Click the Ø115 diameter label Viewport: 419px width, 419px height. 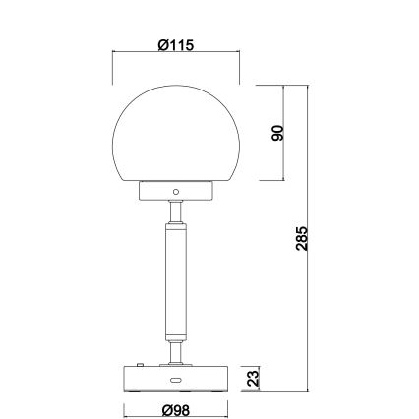[x=177, y=44]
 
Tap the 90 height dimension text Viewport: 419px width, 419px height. [x=277, y=133]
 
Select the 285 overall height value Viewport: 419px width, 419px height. [x=303, y=238]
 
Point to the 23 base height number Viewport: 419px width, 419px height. [x=252, y=377]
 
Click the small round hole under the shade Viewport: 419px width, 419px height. [x=176, y=190]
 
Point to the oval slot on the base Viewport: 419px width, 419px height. [x=176, y=380]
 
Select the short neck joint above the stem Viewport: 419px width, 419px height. [x=176, y=210]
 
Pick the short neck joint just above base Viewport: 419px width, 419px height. [x=176, y=352]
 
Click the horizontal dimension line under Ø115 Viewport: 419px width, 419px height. [x=148, y=55]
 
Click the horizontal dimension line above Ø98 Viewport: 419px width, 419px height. [x=148, y=397]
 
